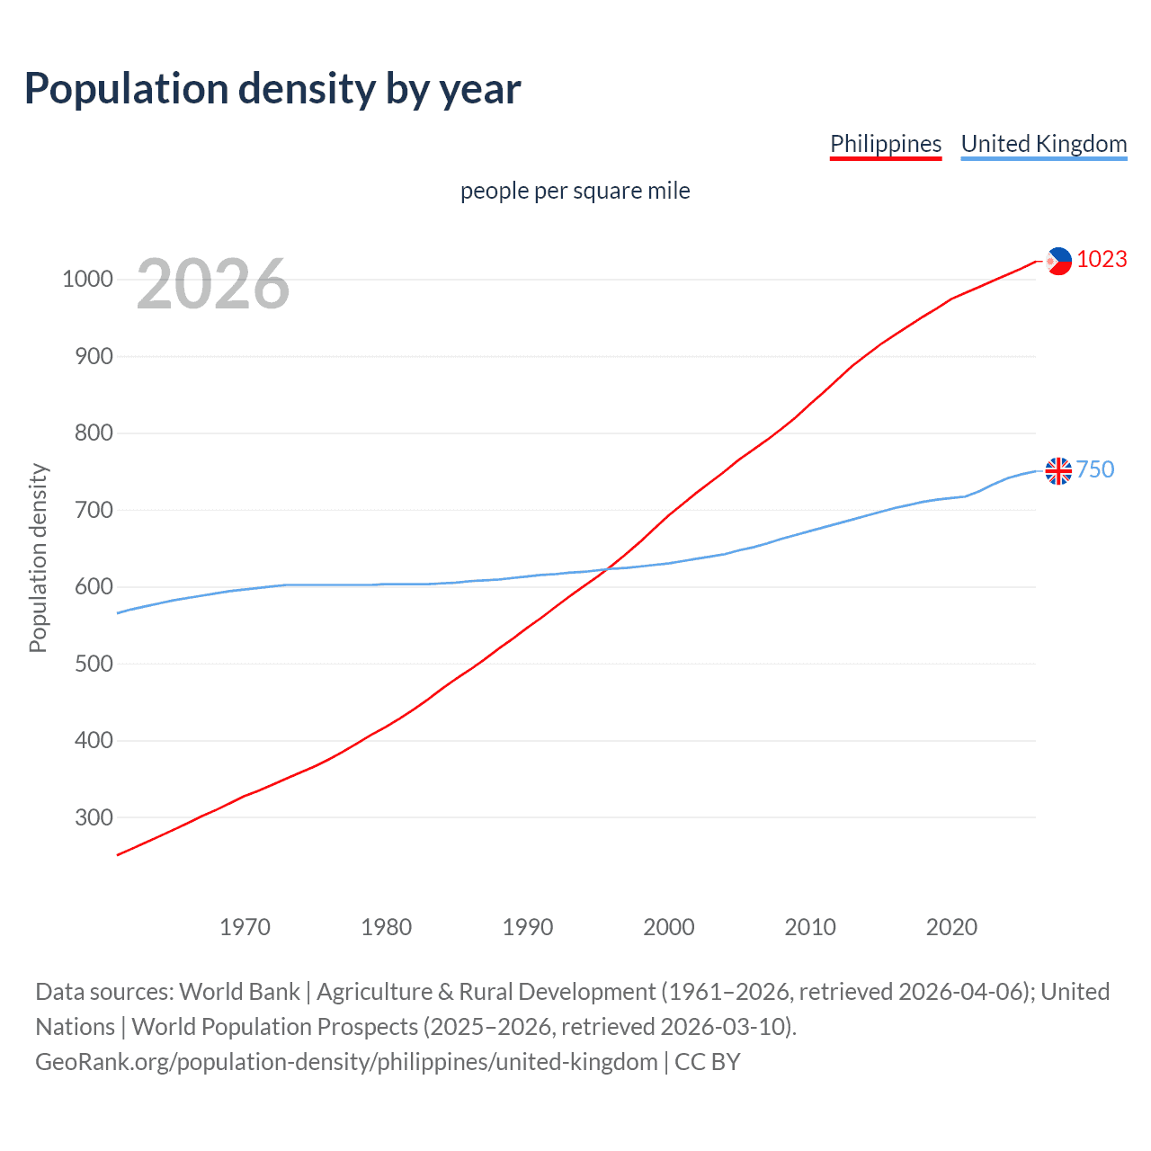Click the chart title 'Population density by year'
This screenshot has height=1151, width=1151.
click(x=272, y=89)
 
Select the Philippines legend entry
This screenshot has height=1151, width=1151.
click(x=885, y=144)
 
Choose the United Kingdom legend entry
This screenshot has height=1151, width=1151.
click(x=1043, y=144)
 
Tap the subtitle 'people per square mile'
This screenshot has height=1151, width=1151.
click(x=575, y=191)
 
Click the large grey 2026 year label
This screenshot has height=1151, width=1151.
click(x=213, y=284)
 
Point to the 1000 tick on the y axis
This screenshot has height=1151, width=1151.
click(x=87, y=280)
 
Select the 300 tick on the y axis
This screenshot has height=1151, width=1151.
click(x=94, y=817)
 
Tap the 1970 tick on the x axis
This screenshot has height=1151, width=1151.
click(x=245, y=927)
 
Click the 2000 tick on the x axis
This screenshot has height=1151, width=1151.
click(x=669, y=927)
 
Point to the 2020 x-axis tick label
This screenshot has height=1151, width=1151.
click(x=951, y=927)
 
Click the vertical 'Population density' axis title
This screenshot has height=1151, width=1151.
click(x=38, y=558)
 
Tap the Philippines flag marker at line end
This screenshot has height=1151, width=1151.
click(x=1058, y=261)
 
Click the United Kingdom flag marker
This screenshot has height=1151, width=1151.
click(x=1058, y=470)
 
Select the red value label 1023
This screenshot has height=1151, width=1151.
click(x=1102, y=260)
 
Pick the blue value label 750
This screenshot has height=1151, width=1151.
click(x=1095, y=469)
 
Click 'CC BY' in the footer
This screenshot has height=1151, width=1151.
click(x=707, y=1062)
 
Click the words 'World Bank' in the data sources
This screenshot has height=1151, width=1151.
click(x=239, y=992)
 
